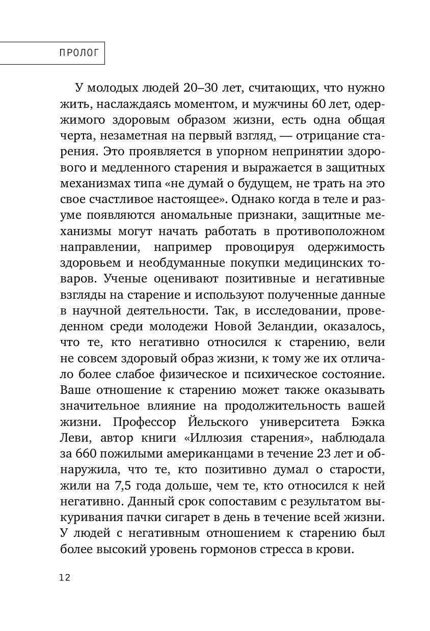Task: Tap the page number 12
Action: (x=65, y=577)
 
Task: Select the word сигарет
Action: (x=202, y=518)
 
